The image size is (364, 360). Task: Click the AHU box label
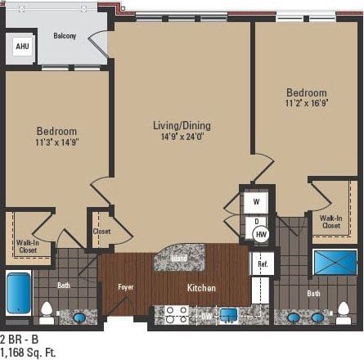(20, 47)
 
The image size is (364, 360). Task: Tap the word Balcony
(65, 36)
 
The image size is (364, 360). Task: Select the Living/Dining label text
(182, 125)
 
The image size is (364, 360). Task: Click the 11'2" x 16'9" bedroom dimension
(306, 104)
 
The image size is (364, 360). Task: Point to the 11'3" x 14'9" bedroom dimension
(56, 142)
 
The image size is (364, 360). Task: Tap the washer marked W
(256, 201)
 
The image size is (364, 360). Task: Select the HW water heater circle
(261, 234)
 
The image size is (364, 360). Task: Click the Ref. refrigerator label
(263, 264)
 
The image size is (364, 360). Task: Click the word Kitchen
(201, 287)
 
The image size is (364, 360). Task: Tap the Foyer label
(125, 287)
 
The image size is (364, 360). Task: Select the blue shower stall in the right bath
(335, 263)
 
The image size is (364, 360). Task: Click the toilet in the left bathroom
(47, 312)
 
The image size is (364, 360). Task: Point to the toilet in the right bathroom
(344, 313)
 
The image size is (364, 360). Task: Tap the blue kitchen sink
(227, 314)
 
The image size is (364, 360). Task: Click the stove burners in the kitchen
(176, 314)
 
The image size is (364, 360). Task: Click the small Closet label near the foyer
(101, 232)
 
